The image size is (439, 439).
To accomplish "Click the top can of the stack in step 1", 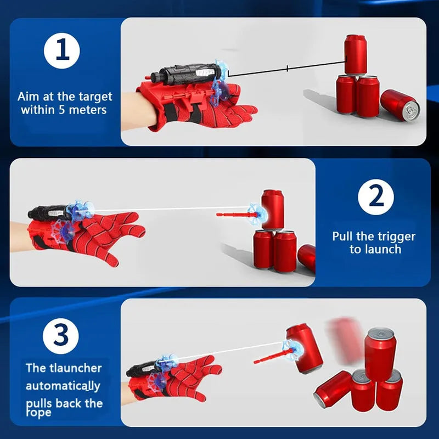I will coord(356,54).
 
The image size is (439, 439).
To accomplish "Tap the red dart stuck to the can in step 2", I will coord(233,214).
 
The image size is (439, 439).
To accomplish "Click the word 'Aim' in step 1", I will coord(27,97).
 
